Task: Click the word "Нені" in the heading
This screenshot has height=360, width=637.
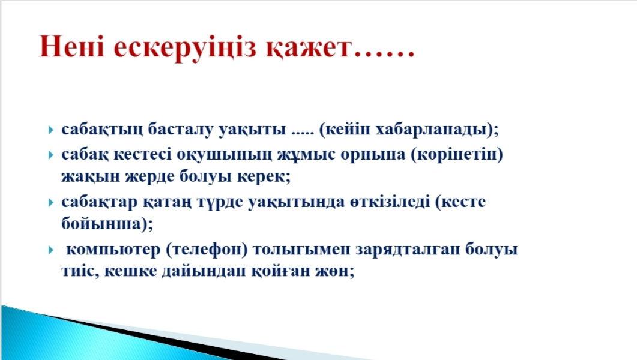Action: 72,46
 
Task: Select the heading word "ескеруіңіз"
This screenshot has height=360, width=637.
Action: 185,48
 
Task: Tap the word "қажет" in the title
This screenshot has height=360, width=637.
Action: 308,48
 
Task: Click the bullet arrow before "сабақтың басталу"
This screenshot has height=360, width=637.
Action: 51,130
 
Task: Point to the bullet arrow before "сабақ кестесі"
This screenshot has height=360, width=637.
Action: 51,155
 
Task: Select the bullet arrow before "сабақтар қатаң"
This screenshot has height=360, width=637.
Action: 51,202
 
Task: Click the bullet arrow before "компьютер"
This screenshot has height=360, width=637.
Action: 51,250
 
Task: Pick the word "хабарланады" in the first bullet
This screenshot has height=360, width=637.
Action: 431,129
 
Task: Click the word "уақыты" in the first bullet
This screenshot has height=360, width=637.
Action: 252,130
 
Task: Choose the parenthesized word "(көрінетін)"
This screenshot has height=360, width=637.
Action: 457,155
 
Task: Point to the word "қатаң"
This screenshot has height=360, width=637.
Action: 167,202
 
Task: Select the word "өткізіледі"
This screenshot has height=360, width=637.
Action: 390,202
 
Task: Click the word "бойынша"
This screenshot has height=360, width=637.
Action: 101,223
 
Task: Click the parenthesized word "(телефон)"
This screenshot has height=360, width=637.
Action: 207,249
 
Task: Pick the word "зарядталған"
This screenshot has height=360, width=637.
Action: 408,249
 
